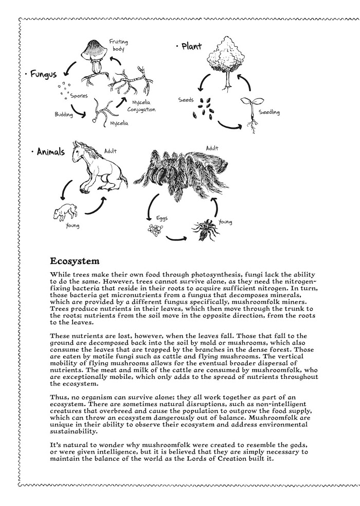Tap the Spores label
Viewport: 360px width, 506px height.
point(79,95)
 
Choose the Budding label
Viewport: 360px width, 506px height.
point(64,114)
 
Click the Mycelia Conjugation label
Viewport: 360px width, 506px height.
point(140,106)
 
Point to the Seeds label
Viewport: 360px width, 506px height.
point(186,100)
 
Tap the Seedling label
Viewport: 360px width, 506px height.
point(269,112)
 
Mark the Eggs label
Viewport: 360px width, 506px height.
point(162,218)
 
